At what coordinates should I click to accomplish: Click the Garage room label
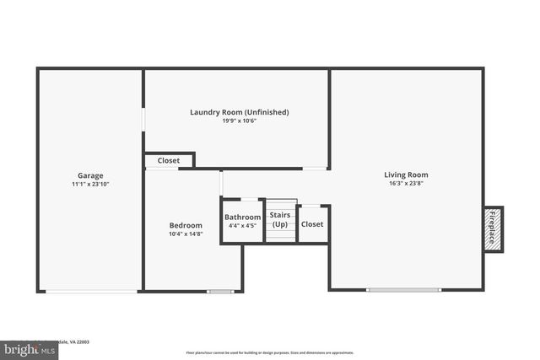(x=91, y=176)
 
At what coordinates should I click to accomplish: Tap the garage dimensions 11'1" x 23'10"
(x=91, y=185)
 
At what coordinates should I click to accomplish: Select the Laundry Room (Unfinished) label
(x=240, y=112)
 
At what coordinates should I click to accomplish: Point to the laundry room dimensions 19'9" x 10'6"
(x=240, y=121)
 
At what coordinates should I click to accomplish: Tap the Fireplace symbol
(x=493, y=228)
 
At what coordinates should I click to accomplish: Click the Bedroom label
(x=186, y=225)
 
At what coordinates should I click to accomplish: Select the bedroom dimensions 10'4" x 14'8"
(x=186, y=234)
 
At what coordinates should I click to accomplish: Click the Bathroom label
(x=243, y=218)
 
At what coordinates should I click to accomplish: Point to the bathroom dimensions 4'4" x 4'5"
(x=243, y=226)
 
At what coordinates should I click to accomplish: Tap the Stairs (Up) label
(x=280, y=220)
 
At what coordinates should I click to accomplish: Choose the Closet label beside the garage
(x=169, y=160)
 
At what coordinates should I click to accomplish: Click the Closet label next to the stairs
(x=312, y=224)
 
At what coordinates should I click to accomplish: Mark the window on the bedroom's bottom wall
(x=220, y=292)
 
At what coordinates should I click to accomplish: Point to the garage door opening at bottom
(x=91, y=292)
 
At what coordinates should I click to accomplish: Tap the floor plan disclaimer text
(x=269, y=352)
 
